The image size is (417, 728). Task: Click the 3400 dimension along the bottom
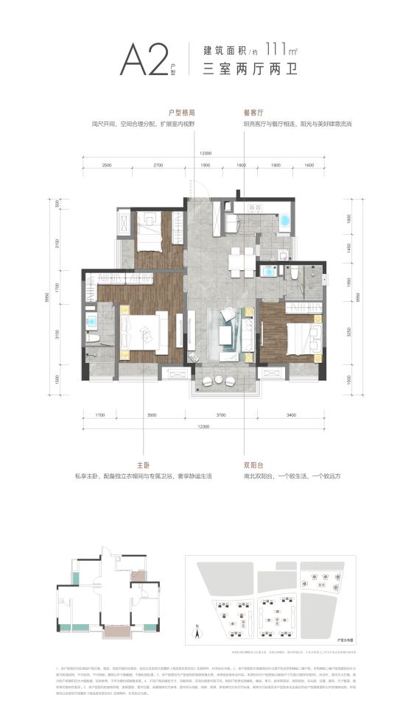[x=291, y=417]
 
